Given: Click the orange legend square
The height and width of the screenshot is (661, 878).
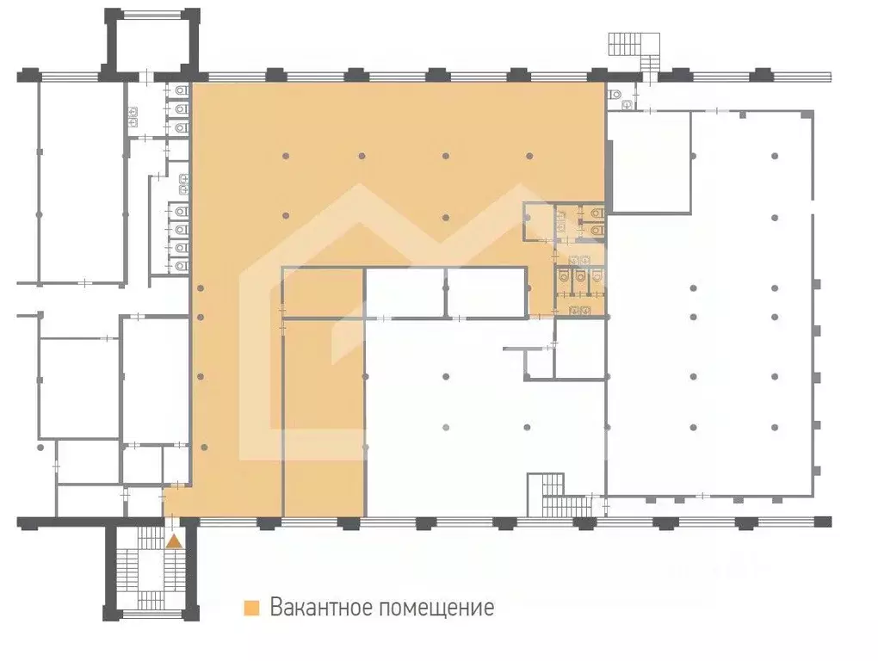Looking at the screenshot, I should click(x=251, y=608).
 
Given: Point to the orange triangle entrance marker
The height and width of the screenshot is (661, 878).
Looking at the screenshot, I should click(x=174, y=541).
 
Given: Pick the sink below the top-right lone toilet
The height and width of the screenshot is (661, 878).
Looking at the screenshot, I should click(x=628, y=105).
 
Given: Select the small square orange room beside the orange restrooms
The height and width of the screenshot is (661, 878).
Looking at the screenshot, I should click(x=539, y=222).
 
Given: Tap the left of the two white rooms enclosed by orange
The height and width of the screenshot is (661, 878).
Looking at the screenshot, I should click(x=404, y=293).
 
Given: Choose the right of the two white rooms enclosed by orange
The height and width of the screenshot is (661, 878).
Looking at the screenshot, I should click(x=485, y=293).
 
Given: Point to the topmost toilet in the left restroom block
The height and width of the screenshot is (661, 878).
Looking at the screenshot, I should click(x=181, y=90).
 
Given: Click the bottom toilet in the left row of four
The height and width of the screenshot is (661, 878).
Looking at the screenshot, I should click(x=181, y=265).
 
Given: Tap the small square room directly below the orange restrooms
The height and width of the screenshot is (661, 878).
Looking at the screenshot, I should click(x=580, y=349).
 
